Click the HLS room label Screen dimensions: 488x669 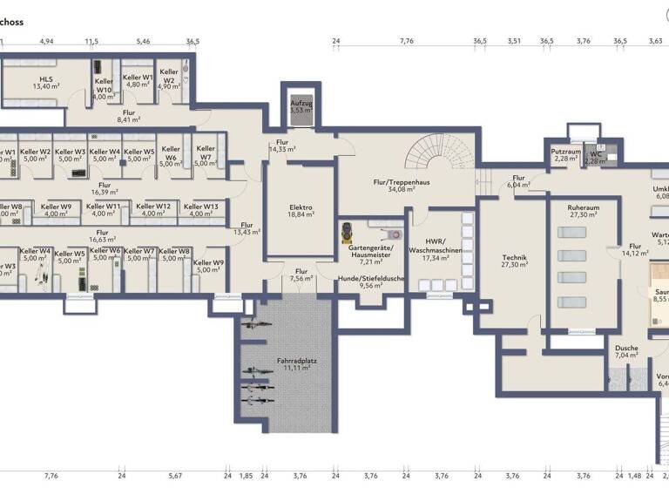(x=46, y=78)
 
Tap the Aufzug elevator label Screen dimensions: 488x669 (x=301, y=103)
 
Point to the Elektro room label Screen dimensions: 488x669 (x=301, y=207)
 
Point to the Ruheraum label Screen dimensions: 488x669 (x=581, y=207)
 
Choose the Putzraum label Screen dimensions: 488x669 (x=566, y=151)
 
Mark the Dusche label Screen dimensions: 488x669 (x=626, y=349)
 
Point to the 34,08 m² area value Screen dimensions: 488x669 (x=389, y=188)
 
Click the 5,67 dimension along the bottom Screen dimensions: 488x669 (x=176, y=476)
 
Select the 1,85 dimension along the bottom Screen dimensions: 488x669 (x=247, y=476)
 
